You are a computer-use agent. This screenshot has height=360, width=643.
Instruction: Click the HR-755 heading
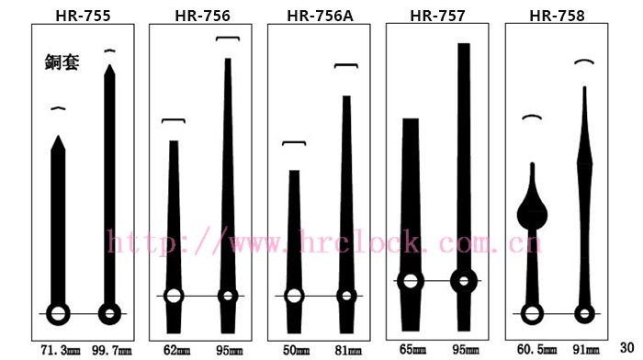[83, 16]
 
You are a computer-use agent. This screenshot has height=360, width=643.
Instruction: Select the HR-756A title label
[320, 16]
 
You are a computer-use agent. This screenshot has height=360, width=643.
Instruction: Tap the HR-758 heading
[557, 16]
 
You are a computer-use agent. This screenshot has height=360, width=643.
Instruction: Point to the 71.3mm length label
[61, 351]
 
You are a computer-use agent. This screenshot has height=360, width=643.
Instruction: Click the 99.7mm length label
[112, 351]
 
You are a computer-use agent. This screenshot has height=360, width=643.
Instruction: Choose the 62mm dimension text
[176, 350]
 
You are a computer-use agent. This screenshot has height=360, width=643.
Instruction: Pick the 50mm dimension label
[296, 350]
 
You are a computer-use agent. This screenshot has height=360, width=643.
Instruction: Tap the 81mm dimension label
[348, 350]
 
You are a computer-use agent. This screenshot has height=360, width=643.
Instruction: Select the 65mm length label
[413, 349]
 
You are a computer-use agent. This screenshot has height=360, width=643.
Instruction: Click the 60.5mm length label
[536, 349]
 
